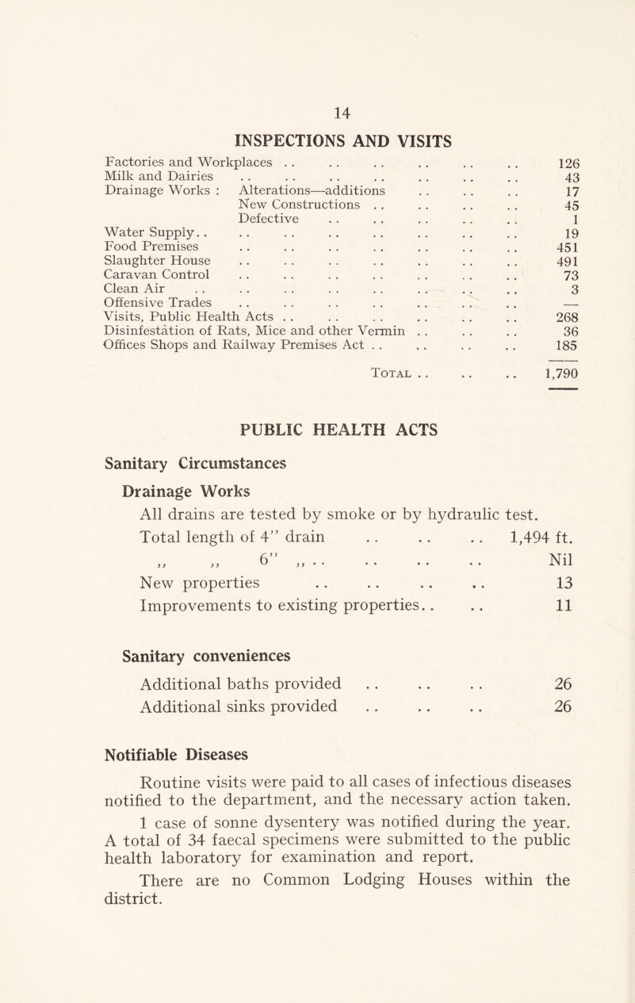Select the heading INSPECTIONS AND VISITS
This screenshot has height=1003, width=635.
pyautogui.click(x=316, y=142)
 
